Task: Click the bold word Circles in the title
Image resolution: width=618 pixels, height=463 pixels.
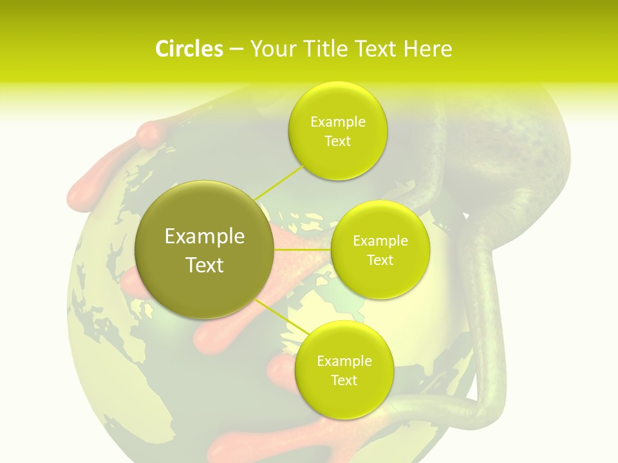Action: (x=189, y=49)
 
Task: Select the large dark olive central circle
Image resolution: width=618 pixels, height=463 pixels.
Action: (x=204, y=250)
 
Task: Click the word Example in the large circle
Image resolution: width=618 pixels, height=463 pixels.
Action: (x=204, y=237)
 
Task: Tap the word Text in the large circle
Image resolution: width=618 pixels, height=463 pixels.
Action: (x=204, y=265)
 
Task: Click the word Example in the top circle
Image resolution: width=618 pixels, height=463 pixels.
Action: (x=337, y=122)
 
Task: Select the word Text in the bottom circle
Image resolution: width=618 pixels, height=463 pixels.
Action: (x=343, y=380)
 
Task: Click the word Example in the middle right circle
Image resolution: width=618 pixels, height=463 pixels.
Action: (x=380, y=241)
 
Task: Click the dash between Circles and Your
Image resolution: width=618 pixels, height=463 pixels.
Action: (x=236, y=50)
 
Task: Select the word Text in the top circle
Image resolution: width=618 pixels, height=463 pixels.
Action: (x=337, y=141)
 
